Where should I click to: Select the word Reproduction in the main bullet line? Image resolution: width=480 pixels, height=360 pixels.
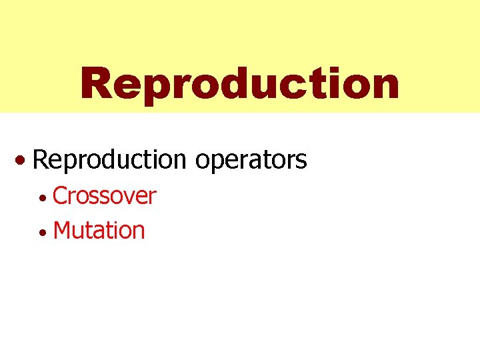109,159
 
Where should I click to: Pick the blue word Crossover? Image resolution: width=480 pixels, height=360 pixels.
104,196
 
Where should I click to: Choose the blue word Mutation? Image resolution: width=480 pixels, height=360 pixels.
99,231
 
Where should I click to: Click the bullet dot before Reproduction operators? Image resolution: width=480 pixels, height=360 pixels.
23,161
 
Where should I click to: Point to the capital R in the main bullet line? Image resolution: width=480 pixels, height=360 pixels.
39,159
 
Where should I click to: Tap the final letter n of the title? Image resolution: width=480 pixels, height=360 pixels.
385,87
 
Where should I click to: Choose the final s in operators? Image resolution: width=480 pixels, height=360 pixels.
301,161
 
